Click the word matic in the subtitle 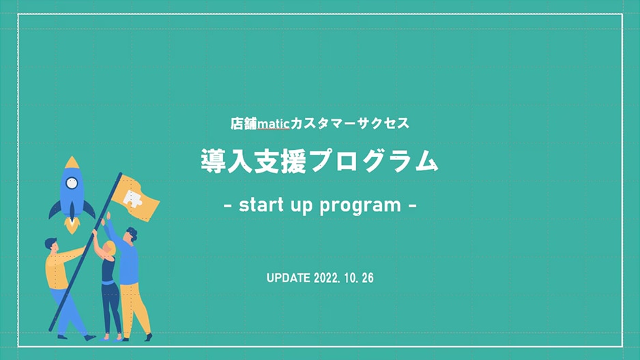click(274, 123)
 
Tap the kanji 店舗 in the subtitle click(244, 123)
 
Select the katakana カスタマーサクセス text click(349, 123)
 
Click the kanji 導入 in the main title click(227, 162)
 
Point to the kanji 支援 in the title click(280, 162)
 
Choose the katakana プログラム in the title click(373, 162)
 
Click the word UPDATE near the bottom click(288, 278)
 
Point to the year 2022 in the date click(327, 278)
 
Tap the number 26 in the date click(368, 278)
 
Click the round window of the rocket click(72, 183)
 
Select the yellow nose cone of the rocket click(72, 162)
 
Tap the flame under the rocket click(72, 225)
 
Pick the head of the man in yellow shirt click(51, 245)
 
